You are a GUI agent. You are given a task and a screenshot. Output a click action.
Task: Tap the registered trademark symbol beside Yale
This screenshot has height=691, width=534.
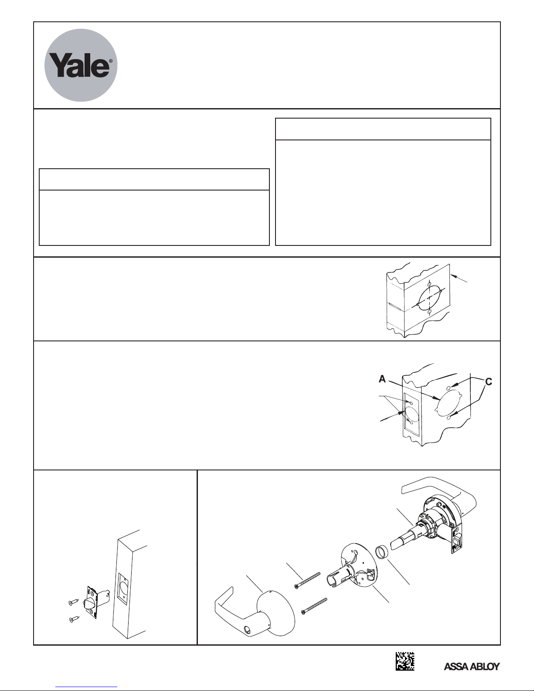(110, 61)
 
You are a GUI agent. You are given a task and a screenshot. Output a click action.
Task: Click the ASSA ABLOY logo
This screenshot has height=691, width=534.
(471, 667)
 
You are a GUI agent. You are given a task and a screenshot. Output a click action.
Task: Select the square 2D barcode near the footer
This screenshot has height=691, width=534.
(405, 661)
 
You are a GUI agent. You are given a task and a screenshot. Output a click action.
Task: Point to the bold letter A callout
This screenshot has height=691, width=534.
(382, 379)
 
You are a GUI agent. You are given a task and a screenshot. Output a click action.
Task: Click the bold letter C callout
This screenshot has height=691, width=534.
(489, 381)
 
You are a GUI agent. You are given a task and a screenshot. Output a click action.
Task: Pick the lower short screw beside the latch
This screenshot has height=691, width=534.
(74, 619)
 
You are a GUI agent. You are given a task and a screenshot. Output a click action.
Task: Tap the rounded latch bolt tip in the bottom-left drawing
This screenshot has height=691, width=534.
(88, 604)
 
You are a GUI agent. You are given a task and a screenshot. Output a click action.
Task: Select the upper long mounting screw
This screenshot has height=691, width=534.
(307, 581)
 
